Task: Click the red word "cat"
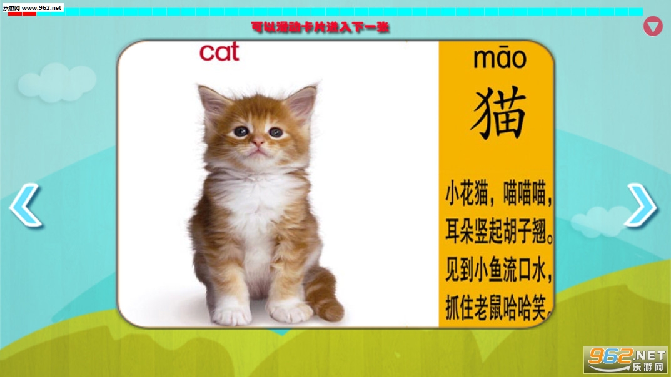pyautogui.click(x=219, y=52)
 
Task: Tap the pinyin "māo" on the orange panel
pyautogui.click(x=500, y=59)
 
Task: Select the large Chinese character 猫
pyautogui.click(x=498, y=113)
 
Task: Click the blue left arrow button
pyautogui.click(x=26, y=205)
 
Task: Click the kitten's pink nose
pyautogui.click(x=258, y=141)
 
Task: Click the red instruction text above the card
pyautogui.click(x=320, y=27)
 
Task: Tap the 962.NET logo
pyautogui.click(x=625, y=360)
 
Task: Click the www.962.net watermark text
pyautogui.click(x=41, y=7)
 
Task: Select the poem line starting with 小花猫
pyautogui.click(x=498, y=193)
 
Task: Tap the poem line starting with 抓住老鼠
pyautogui.click(x=499, y=308)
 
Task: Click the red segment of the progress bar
pyautogui.click(x=22, y=14)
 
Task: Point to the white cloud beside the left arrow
pyautogui.click(x=57, y=83)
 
